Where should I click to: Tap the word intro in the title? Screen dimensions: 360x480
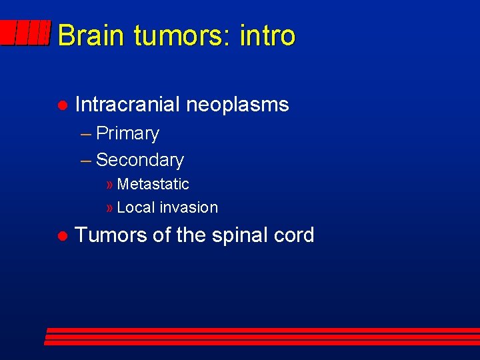click(x=268, y=35)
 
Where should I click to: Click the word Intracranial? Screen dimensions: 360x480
click(x=127, y=105)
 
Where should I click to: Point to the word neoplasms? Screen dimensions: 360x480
click(x=237, y=105)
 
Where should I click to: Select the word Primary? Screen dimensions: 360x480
click(x=128, y=134)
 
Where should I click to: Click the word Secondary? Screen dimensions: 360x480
click(x=140, y=160)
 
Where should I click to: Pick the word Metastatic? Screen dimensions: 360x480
click(x=153, y=184)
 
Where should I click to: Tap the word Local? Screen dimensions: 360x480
click(x=135, y=207)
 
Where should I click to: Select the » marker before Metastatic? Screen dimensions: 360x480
click(x=109, y=185)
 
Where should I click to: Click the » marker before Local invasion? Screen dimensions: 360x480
click(x=109, y=208)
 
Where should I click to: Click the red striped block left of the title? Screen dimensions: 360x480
click(x=25, y=33)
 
